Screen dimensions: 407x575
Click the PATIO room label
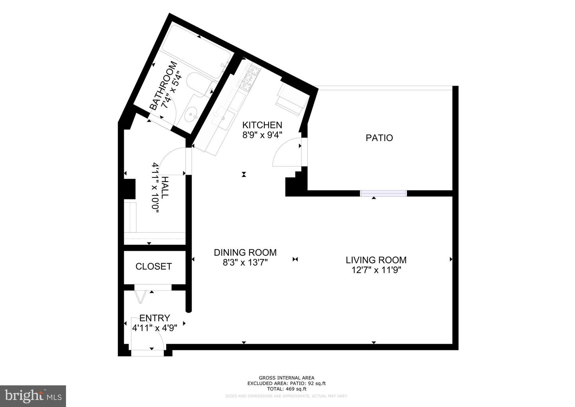[379, 138]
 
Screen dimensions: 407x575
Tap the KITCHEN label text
[262, 125]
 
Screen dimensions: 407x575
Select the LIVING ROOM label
[376, 260]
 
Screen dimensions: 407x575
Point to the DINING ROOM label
[245, 253]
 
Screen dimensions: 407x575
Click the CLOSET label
[154, 267]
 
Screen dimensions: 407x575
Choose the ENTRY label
[155, 318]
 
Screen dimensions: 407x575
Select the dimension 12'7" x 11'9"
[376, 270]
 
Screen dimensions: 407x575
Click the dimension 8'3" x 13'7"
[245, 263]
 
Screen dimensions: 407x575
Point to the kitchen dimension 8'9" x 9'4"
[262, 135]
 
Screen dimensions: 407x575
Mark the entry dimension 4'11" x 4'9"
[155, 328]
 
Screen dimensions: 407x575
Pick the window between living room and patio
[383, 194]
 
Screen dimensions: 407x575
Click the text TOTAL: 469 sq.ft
[286, 389]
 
